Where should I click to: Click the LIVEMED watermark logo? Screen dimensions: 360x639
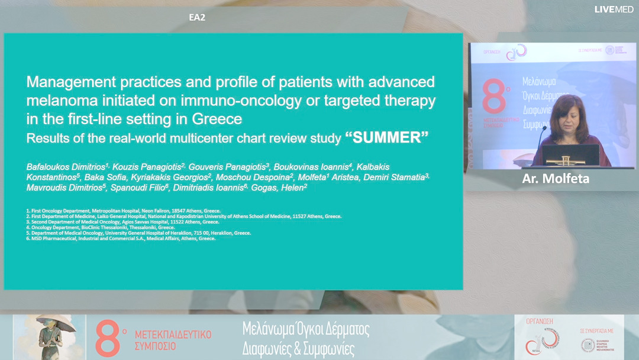coord(614,9)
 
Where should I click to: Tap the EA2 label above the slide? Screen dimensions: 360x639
coord(197,17)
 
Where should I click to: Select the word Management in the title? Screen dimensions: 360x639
coord(66,82)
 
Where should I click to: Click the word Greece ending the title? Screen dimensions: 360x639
coord(217,119)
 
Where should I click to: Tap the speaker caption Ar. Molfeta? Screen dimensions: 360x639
coord(556,179)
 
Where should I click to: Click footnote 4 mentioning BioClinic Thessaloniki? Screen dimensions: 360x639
coord(101,227)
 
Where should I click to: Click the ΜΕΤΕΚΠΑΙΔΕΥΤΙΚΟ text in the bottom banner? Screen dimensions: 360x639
coord(173,335)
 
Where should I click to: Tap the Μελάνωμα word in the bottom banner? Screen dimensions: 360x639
coord(273,330)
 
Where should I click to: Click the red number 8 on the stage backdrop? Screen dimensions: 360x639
coord(494,96)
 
